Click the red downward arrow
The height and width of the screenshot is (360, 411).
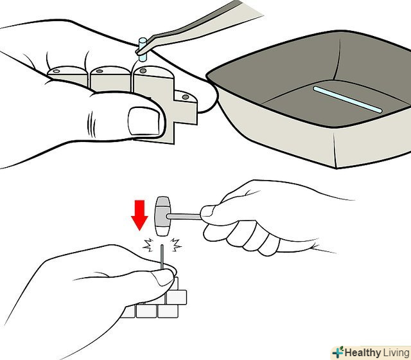click(139, 215)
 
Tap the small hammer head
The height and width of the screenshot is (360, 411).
click(162, 216)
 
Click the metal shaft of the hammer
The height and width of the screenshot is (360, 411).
click(184, 217)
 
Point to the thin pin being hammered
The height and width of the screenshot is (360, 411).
click(162, 257)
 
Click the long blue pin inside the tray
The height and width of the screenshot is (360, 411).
click(347, 100)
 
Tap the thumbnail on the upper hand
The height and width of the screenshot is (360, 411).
click(144, 122)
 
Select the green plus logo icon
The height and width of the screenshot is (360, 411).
click(338, 352)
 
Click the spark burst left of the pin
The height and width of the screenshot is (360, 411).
click(148, 244)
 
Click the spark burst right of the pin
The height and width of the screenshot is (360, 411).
click(175, 244)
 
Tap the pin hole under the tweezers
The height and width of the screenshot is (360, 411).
click(143, 71)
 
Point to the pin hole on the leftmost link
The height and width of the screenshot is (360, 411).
click(57, 71)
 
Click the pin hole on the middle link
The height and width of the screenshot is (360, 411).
click(100, 71)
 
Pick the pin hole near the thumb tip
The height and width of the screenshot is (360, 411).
click(186, 97)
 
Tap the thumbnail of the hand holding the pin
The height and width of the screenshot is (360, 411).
click(163, 277)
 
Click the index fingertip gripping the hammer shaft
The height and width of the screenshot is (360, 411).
click(208, 212)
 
